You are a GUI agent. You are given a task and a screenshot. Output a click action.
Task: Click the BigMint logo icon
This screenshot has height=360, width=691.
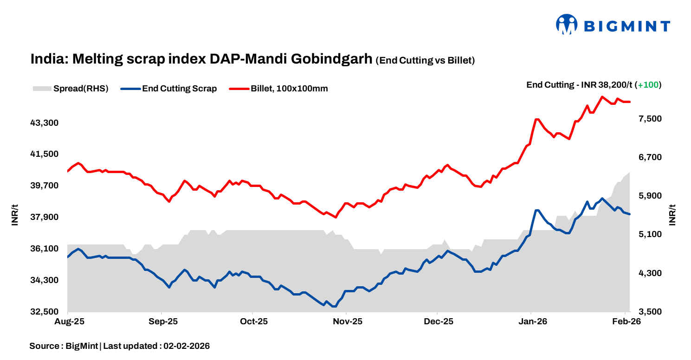(567, 25)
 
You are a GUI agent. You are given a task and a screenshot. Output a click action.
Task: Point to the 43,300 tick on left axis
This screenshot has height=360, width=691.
(45, 123)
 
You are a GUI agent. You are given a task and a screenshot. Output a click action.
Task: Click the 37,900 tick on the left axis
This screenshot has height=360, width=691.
(45, 217)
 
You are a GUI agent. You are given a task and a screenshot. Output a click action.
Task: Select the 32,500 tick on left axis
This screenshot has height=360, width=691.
(45, 312)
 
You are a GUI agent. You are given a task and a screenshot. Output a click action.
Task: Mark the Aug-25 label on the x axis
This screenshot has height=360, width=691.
(68, 321)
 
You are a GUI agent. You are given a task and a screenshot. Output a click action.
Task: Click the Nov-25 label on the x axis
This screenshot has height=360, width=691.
(347, 321)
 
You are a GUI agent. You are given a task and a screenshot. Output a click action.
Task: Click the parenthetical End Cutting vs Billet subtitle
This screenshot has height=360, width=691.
(425, 60)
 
